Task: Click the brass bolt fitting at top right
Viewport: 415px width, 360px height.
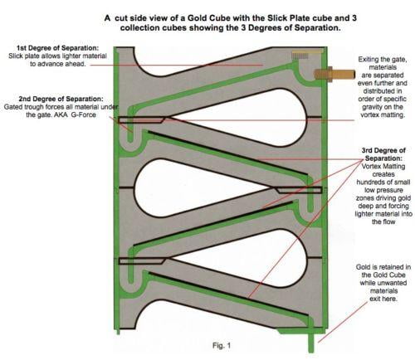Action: [334, 74]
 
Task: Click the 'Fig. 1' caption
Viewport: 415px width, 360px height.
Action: [222, 345]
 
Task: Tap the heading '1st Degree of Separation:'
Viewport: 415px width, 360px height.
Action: [57, 48]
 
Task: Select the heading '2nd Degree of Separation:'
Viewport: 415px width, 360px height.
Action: [61, 99]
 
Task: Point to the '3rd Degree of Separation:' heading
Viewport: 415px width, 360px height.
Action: [383, 154]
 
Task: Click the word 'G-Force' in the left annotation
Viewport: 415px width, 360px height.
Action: [83, 114]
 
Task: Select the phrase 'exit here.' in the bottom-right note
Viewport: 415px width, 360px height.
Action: [383, 299]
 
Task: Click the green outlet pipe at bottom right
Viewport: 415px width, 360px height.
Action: [311, 342]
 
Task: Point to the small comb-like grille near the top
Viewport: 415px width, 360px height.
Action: [300, 56]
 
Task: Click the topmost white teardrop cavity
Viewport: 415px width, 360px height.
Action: [243, 117]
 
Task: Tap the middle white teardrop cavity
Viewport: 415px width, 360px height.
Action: [199, 187]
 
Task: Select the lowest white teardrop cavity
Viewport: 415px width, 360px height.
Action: [243, 258]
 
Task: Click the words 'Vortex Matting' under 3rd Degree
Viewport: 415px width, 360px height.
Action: [383, 167]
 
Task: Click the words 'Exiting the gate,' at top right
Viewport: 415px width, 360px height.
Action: [383, 59]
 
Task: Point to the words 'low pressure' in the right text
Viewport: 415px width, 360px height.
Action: [383, 190]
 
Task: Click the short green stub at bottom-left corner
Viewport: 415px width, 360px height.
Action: [118, 331]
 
